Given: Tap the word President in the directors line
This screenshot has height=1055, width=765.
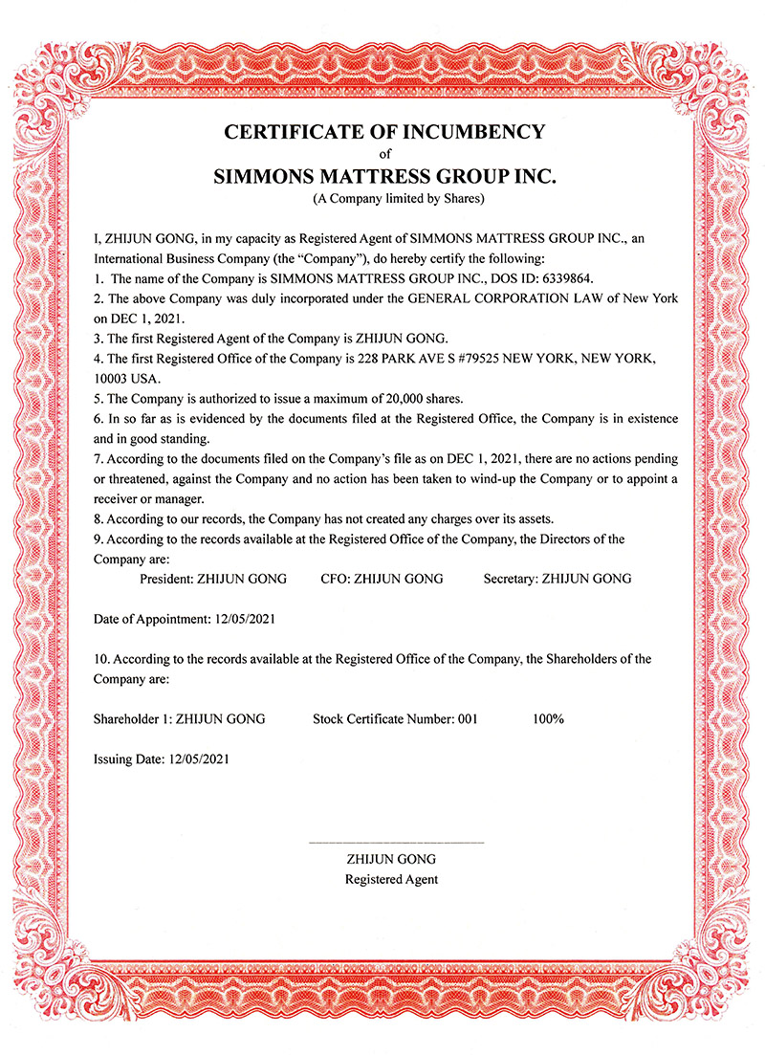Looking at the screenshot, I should pos(166,579).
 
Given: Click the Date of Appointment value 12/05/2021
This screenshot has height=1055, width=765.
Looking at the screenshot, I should pos(243,619).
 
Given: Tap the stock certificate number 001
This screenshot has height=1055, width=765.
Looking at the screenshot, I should pos(467,718).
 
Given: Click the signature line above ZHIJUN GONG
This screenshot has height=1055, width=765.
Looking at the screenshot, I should pos(396,842).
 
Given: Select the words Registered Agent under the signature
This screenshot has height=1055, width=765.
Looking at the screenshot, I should pos(392,879).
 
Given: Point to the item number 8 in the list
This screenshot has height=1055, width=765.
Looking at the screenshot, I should pos(98,518).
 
